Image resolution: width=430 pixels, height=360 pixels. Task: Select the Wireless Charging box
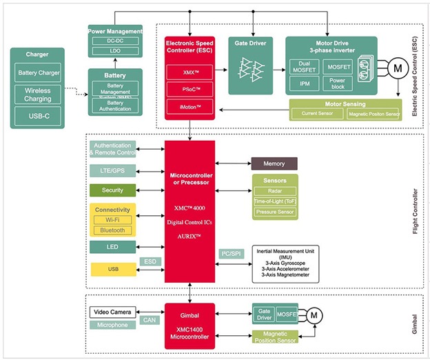pyautogui.click(x=38, y=94)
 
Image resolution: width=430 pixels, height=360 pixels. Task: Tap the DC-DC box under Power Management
pyautogui.click(x=115, y=42)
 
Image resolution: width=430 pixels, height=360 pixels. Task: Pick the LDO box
pyautogui.click(x=115, y=52)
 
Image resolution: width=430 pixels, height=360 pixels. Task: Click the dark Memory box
pyautogui.click(x=274, y=163)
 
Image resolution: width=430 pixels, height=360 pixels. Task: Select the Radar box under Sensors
pyautogui.click(x=274, y=191)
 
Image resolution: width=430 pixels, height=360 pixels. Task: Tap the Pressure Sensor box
pyautogui.click(x=274, y=212)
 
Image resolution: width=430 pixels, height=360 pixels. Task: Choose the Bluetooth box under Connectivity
pyautogui.click(x=112, y=230)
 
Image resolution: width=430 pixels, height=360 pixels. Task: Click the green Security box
pyautogui.click(x=112, y=190)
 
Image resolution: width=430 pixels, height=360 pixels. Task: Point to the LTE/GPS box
pyautogui.click(x=112, y=170)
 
